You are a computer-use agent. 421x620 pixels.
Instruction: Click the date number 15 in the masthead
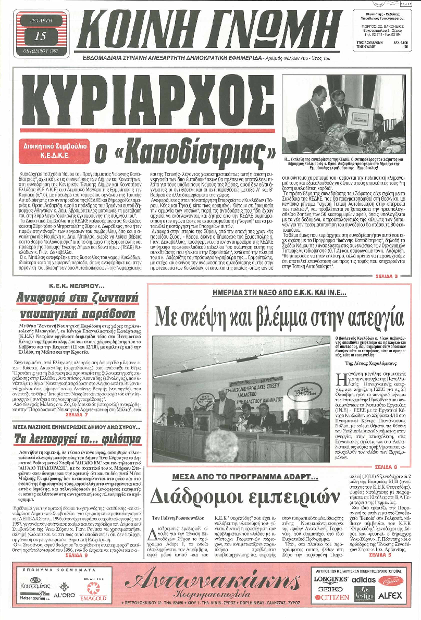[x=40, y=36]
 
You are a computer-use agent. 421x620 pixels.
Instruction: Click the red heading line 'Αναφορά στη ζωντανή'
[x=72, y=299]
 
